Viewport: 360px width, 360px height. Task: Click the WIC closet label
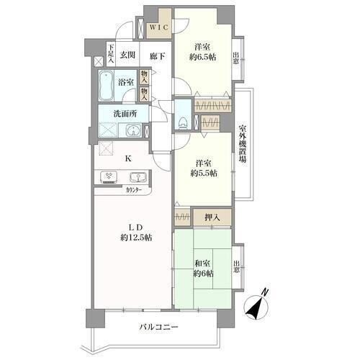tap(158, 27)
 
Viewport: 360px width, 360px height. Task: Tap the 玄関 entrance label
tap(127, 55)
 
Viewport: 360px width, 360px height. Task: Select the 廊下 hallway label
tap(157, 56)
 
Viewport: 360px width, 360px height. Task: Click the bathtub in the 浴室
tap(106, 86)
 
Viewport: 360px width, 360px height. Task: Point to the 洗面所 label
tap(125, 114)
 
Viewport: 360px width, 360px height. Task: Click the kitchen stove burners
tap(109, 177)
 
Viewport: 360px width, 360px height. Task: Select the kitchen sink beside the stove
tap(138, 177)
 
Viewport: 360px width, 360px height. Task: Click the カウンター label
tap(134, 190)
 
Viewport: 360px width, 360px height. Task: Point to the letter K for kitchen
tap(128, 158)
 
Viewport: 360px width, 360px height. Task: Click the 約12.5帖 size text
tap(136, 238)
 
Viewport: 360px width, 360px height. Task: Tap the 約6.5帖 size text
tap(202, 57)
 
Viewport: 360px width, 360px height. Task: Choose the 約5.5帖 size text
tap(204, 174)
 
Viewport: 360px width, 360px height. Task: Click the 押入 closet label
tap(212, 217)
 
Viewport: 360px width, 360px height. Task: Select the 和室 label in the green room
tap(202, 264)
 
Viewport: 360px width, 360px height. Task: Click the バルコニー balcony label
tap(158, 327)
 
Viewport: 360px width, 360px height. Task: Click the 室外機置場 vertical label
tap(242, 143)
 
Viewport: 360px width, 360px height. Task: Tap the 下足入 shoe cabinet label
tap(111, 53)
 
